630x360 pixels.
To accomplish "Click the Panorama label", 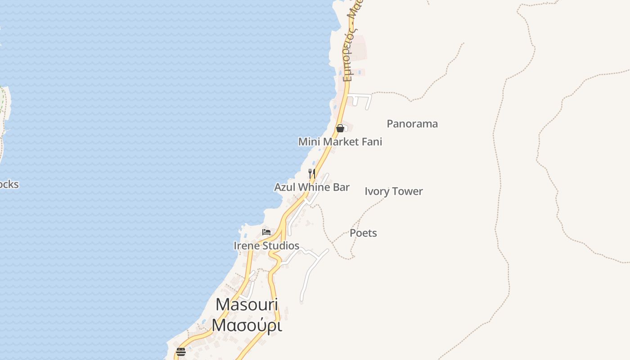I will (x=412, y=124).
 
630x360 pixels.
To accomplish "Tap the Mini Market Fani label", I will (x=340, y=142).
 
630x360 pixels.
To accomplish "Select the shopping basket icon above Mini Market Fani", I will (x=340, y=128).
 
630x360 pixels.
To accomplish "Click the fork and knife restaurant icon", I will (x=311, y=173).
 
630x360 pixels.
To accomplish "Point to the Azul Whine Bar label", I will (x=312, y=187).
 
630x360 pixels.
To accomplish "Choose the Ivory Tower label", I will (x=394, y=191).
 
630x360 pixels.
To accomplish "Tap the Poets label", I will (x=363, y=233).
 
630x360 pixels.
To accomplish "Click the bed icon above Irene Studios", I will (x=266, y=232).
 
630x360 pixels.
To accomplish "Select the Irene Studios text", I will (x=266, y=246).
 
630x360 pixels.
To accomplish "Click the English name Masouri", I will (x=247, y=305).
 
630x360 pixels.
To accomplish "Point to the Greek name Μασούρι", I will (x=247, y=325).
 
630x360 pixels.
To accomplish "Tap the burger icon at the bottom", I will (x=181, y=352).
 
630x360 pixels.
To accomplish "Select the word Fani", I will (x=371, y=142).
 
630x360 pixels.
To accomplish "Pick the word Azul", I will (x=285, y=187).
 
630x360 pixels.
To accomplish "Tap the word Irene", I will (x=247, y=246).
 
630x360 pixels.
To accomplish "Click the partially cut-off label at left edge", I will (x=9, y=184).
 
